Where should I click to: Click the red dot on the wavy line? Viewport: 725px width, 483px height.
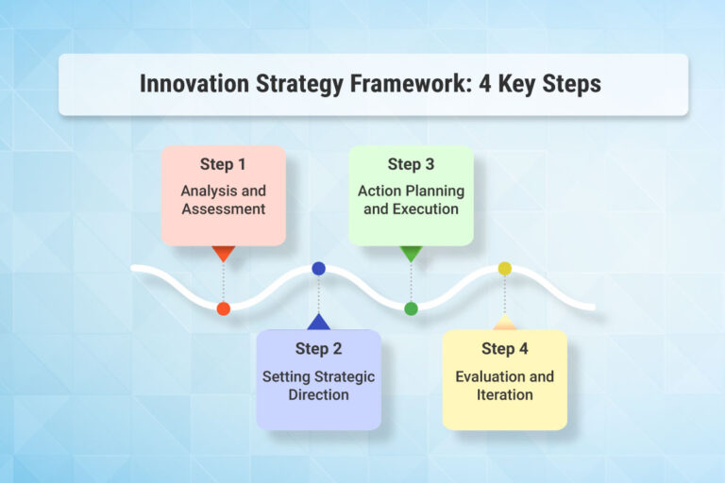[223, 308]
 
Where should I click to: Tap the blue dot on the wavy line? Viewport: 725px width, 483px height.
[318, 269]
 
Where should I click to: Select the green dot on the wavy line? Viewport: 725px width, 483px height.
[411, 308]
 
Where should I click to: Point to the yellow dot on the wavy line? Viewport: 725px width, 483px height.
[504, 269]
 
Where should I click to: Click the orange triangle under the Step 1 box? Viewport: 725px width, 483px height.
[223, 253]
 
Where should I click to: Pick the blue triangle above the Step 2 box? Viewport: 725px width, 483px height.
[318, 322]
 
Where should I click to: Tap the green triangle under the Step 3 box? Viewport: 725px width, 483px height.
[411, 253]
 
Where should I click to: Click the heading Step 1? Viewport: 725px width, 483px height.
[223, 164]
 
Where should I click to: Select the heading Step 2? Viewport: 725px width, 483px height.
[318, 349]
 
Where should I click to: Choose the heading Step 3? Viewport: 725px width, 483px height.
[411, 164]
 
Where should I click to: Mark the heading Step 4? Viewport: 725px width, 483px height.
[504, 349]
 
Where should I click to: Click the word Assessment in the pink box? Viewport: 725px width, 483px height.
[223, 208]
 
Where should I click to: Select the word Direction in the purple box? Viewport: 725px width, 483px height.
[318, 394]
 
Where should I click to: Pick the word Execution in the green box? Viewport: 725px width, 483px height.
[411, 208]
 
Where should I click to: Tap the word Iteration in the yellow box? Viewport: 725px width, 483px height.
[504, 394]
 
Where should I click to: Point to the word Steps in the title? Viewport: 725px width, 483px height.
[570, 84]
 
